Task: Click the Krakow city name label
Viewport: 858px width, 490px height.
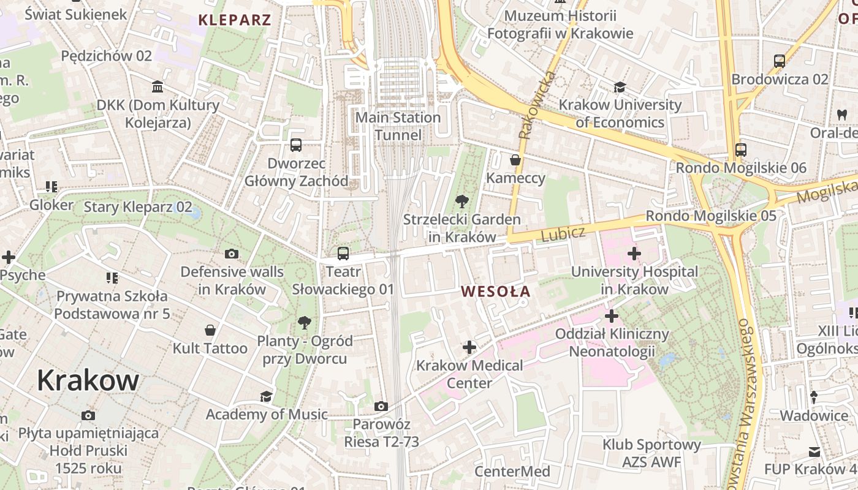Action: coord(88,380)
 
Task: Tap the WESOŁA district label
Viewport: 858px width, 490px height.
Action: coord(496,292)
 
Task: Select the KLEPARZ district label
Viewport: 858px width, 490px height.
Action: coord(235,20)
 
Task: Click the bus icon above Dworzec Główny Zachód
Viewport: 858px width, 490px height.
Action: coord(296,145)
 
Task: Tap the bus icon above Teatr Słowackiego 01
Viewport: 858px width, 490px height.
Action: coord(343,253)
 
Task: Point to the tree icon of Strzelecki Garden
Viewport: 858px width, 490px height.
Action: coord(461,201)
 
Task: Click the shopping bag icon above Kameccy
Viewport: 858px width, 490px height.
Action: coord(515,160)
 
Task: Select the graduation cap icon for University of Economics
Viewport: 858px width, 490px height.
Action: coord(620,87)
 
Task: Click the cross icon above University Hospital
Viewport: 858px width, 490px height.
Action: coord(634,253)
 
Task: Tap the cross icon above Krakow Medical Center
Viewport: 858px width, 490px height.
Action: coord(469,347)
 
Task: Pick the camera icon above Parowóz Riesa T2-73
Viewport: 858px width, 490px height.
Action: coord(381,406)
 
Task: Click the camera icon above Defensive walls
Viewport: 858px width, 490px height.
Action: coord(232,254)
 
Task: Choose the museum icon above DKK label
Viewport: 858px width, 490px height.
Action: coord(158,87)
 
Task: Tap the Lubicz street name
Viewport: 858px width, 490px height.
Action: coord(563,233)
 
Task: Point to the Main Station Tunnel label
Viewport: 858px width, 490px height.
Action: coord(398,126)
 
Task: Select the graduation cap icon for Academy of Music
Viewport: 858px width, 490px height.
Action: coord(266,396)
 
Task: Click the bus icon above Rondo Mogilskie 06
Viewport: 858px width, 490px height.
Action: coord(740,149)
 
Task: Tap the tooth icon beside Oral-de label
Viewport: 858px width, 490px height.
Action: coord(841,115)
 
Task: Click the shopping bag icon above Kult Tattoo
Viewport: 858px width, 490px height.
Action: coord(210,330)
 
